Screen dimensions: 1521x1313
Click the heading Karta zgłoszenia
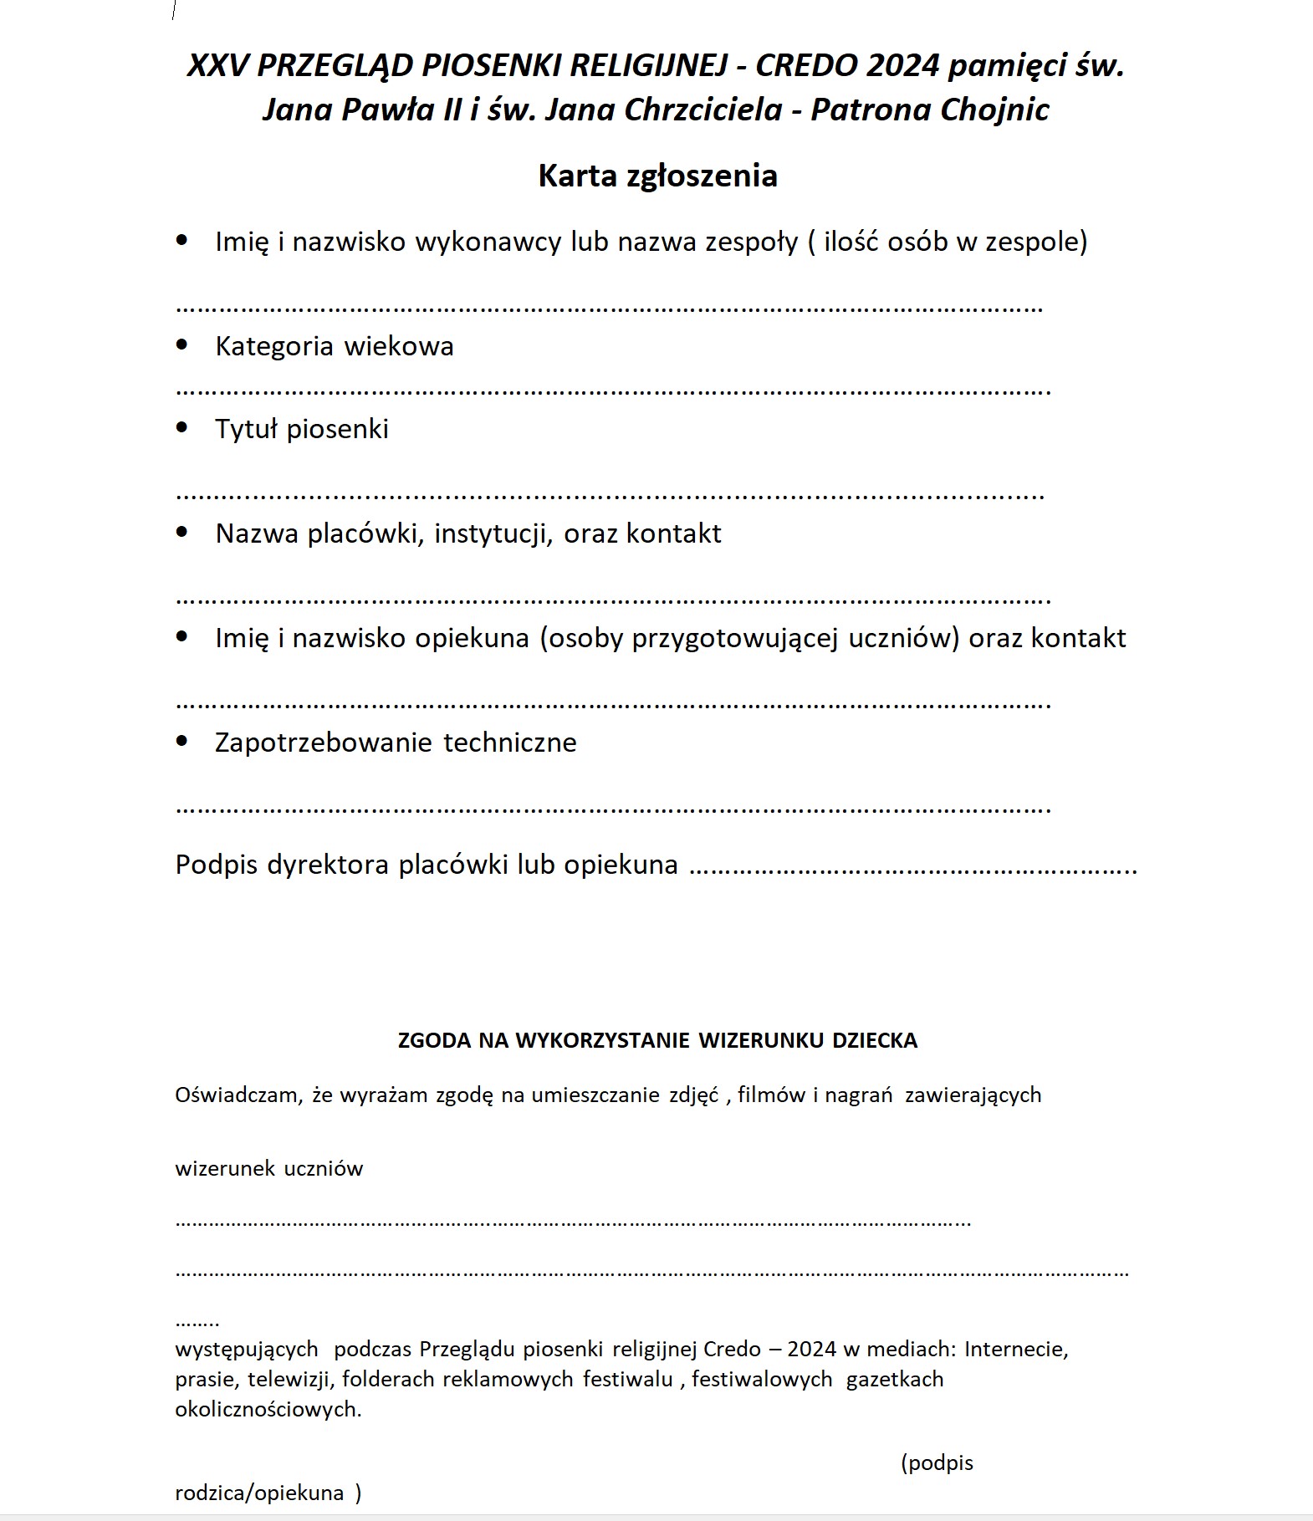tap(657, 176)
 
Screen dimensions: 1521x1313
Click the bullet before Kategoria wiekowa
tap(182, 345)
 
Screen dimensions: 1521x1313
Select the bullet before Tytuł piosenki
tap(182, 427)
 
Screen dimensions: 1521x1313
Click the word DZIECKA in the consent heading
tap(874, 1040)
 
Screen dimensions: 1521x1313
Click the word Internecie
tap(1016, 1349)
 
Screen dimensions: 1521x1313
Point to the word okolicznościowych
tap(268, 1409)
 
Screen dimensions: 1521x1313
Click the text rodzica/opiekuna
tap(259, 1493)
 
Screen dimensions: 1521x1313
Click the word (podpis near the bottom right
tap(937, 1462)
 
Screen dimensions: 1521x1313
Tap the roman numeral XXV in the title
tap(217, 65)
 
